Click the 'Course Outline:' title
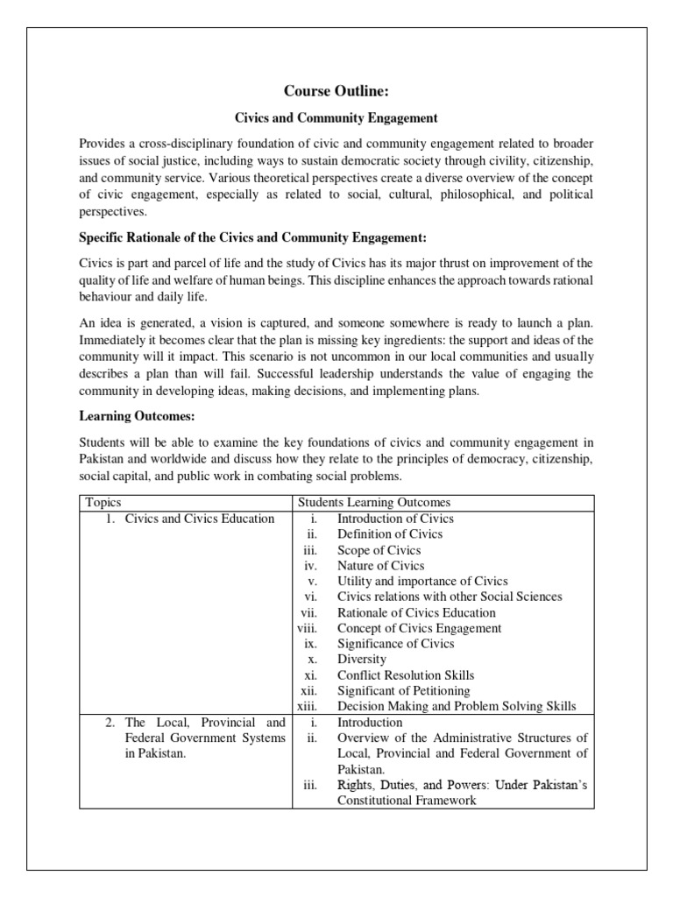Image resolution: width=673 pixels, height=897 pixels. [x=336, y=91]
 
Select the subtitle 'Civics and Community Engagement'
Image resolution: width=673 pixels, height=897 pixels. [x=336, y=117]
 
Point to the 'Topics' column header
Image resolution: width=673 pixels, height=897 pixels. [x=103, y=502]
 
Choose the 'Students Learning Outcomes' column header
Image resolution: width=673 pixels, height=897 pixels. [x=374, y=502]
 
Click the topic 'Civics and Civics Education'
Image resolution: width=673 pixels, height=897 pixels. [x=200, y=519]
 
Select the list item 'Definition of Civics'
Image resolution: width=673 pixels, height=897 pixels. [x=390, y=534]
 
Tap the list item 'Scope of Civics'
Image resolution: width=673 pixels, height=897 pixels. [x=379, y=550]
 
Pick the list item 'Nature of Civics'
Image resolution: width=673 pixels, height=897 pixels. [x=382, y=566]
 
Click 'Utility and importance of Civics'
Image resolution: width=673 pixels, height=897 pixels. [x=422, y=582]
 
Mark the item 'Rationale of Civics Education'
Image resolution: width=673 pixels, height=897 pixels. [x=416, y=613]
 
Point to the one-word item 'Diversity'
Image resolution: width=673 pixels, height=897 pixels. [x=362, y=659]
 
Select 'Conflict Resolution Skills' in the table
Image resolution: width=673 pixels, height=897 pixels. [x=406, y=675]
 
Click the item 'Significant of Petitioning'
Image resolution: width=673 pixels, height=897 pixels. [x=404, y=691]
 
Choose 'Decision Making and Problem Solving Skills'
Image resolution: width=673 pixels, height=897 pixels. [x=455, y=707]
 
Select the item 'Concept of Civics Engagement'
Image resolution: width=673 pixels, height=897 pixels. [x=420, y=628]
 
